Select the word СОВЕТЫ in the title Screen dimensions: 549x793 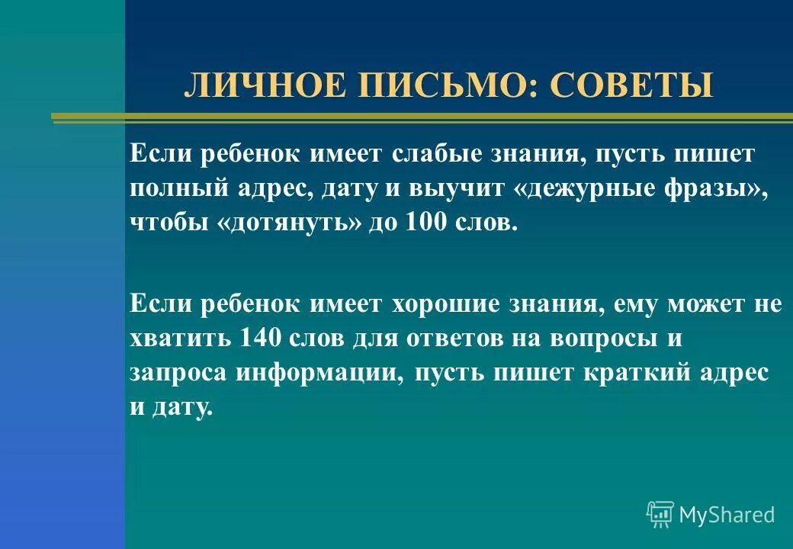coord(632,85)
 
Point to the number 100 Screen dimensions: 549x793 coord(407,224)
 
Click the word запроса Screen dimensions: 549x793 coord(177,374)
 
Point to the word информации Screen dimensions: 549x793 coord(318,374)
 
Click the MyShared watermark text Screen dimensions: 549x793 coord(727,515)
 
